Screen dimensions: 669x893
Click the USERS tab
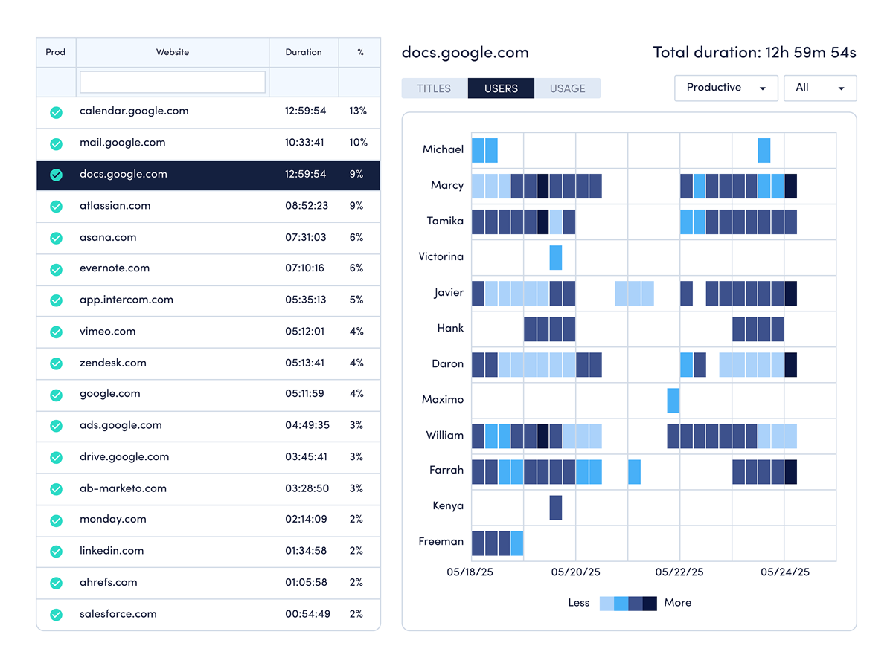pyautogui.click(x=501, y=88)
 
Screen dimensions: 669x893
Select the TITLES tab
pyautogui.click(x=434, y=88)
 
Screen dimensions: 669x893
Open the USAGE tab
pyautogui.click(x=567, y=88)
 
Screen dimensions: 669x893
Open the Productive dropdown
pyautogui.click(x=726, y=88)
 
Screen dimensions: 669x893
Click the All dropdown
pyautogui.click(x=819, y=88)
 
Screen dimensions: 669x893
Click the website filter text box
pyautogui.click(x=173, y=82)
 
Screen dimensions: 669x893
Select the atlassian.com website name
pyautogui.click(x=115, y=206)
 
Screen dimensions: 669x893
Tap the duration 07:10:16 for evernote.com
pyautogui.click(x=304, y=268)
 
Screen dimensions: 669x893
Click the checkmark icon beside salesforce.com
pyautogui.click(x=56, y=615)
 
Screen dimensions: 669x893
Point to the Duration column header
pyautogui.click(x=304, y=52)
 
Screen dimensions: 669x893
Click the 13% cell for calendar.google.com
pyautogui.click(x=358, y=111)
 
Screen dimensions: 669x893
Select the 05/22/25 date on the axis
pyautogui.click(x=679, y=572)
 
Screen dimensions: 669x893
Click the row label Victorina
pyautogui.click(x=441, y=257)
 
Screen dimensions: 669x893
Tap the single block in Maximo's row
pyautogui.click(x=673, y=400)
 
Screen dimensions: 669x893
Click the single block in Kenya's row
pyautogui.click(x=556, y=507)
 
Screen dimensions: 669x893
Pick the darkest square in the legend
pyautogui.click(x=650, y=603)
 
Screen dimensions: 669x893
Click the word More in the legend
pyautogui.click(x=677, y=603)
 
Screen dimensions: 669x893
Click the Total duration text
pyautogui.click(x=755, y=52)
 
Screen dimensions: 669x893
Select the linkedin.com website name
pyautogui.click(x=112, y=551)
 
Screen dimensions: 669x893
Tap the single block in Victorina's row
pyautogui.click(x=556, y=257)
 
